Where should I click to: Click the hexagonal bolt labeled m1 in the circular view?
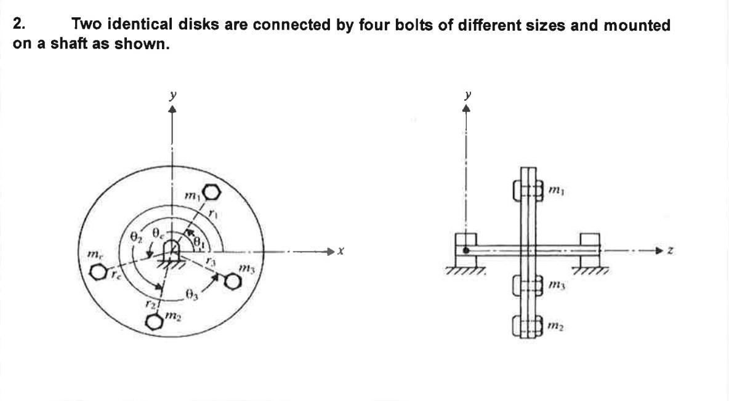pos(211,193)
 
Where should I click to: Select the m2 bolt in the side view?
pos(526,325)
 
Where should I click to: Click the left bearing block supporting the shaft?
pos(466,249)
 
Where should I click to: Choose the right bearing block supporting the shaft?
pos(590,249)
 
